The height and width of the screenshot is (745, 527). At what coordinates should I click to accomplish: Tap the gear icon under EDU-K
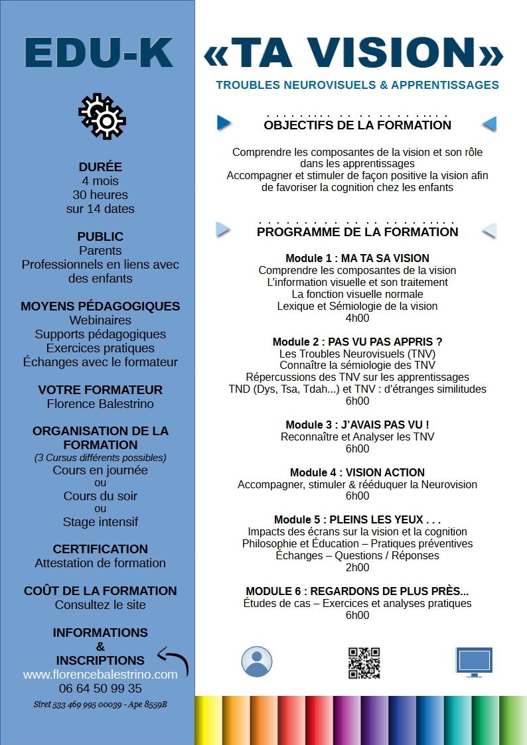point(102,117)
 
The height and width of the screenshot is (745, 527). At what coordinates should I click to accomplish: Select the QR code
point(364,663)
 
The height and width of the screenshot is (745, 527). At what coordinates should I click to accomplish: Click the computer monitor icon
point(474,661)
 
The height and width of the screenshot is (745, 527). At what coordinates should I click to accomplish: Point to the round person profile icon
point(256,661)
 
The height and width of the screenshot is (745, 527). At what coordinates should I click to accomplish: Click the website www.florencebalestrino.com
point(100,675)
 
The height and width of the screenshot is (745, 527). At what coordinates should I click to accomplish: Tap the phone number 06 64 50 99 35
point(100,689)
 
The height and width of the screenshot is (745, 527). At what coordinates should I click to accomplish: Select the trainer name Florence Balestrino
point(100,403)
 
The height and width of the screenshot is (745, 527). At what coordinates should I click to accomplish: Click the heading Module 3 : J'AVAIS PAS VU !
point(357,425)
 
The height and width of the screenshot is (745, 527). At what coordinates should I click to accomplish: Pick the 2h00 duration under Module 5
point(357,567)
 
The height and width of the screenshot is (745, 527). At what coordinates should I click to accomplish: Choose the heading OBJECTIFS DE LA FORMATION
point(357,125)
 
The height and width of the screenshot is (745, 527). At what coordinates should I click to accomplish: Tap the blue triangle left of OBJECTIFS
point(224,123)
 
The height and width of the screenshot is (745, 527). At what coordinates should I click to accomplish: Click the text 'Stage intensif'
point(100,522)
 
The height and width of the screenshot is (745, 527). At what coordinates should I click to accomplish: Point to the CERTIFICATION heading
point(100,549)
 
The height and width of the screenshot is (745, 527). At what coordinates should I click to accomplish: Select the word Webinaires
point(100,320)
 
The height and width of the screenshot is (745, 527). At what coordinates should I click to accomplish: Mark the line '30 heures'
point(100,195)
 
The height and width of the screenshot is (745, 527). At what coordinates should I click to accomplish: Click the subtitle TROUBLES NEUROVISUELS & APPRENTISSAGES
point(357,85)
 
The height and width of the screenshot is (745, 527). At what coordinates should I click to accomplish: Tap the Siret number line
point(100,705)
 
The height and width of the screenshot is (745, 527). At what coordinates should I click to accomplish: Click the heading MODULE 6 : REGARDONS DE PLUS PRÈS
point(357,591)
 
